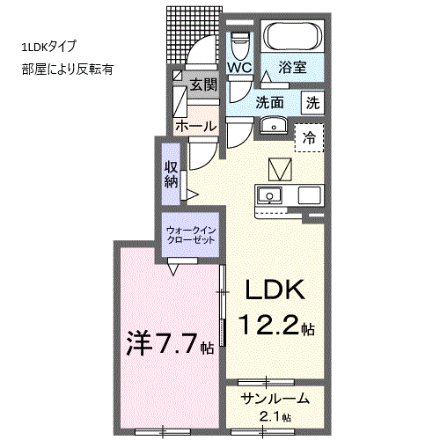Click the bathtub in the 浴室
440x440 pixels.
(x=293, y=36)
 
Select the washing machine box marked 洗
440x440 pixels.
(x=313, y=103)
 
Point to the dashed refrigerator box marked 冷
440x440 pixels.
(x=309, y=137)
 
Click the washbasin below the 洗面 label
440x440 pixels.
(x=274, y=126)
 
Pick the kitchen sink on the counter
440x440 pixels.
(x=269, y=195)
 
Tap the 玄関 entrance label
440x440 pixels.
(x=203, y=85)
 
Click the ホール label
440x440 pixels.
(x=196, y=127)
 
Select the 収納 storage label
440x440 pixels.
(x=171, y=174)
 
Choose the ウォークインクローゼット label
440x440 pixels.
(x=191, y=235)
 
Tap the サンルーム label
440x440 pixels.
(x=275, y=399)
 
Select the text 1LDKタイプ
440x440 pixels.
(x=48, y=47)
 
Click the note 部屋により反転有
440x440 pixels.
(x=67, y=70)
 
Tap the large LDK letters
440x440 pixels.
(x=275, y=290)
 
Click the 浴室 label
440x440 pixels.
(x=292, y=67)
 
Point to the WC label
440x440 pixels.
(x=239, y=68)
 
